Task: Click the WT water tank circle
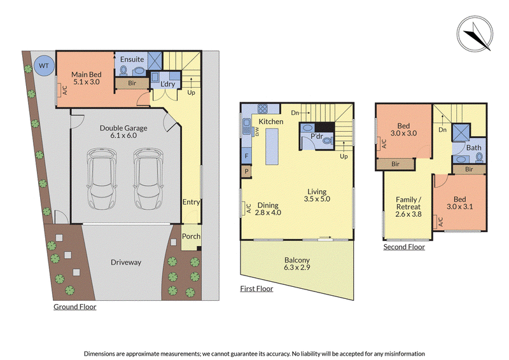coord(43,66)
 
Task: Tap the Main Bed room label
coord(87,78)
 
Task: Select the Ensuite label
coord(132,59)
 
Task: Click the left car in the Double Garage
coord(102,179)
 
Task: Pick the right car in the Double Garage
coord(148,179)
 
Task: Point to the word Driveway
coord(126,262)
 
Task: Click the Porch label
coord(191,237)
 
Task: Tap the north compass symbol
coord(475,34)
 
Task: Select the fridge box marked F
coord(246,156)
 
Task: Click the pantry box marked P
coord(246,171)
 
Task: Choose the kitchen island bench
coord(272,146)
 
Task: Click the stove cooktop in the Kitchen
coord(263,108)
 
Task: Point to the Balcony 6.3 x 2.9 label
coord(297,263)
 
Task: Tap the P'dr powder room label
coord(317,136)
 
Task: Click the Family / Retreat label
coord(408,207)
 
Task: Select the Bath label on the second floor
coord(473,148)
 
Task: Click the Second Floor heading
coord(404,247)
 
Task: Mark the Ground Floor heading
coord(75,307)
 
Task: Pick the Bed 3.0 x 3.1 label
coord(459,203)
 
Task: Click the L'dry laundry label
coord(168,84)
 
